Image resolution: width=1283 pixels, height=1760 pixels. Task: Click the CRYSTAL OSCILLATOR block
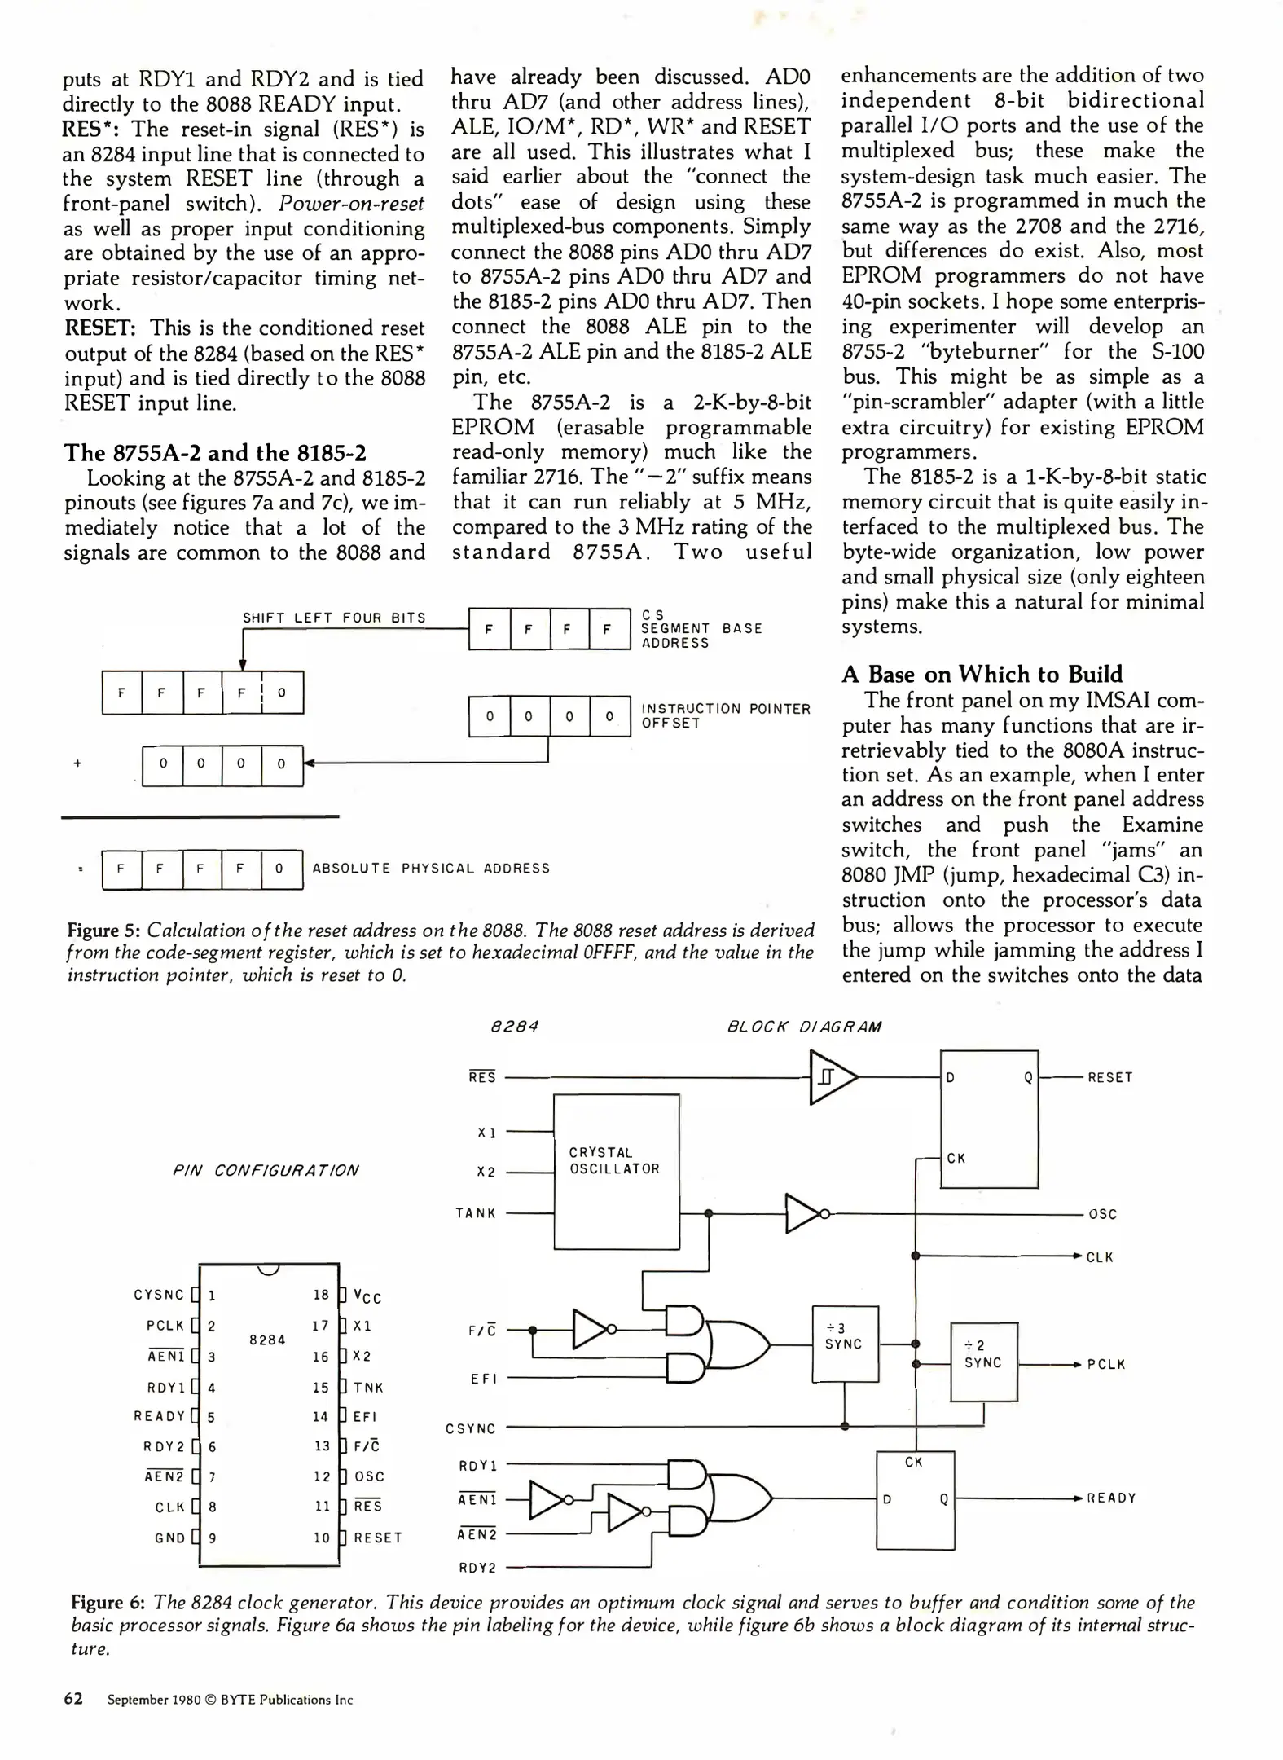point(616,1171)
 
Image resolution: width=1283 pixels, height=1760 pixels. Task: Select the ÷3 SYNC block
point(845,1344)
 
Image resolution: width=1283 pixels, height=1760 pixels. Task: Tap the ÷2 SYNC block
point(984,1361)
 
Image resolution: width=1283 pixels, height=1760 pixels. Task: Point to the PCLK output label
point(1105,1364)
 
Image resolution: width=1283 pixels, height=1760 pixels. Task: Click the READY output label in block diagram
point(1111,1498)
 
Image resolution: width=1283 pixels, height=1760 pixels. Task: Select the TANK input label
point(476,1213)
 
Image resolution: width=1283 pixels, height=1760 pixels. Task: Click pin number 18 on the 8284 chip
point(321,1295)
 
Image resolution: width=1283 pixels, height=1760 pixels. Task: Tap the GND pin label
point(169,1538)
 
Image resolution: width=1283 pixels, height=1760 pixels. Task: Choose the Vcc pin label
point(367,1296)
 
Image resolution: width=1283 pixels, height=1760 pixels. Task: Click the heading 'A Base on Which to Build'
point(982,674)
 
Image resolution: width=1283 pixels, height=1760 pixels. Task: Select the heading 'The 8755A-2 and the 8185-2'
point(215,453)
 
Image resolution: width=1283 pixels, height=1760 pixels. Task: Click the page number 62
point(73,1699)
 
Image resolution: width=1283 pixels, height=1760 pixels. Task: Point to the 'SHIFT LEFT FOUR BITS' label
point(334,618)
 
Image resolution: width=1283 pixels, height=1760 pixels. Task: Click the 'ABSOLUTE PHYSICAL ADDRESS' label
point(431,869)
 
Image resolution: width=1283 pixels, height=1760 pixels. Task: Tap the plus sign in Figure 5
point(77,763)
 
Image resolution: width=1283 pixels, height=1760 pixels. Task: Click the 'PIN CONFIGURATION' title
point(266,1170)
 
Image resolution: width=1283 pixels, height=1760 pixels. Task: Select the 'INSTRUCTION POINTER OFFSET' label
point(725,715)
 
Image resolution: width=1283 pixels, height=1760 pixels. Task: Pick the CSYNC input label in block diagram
point(470,1428)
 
